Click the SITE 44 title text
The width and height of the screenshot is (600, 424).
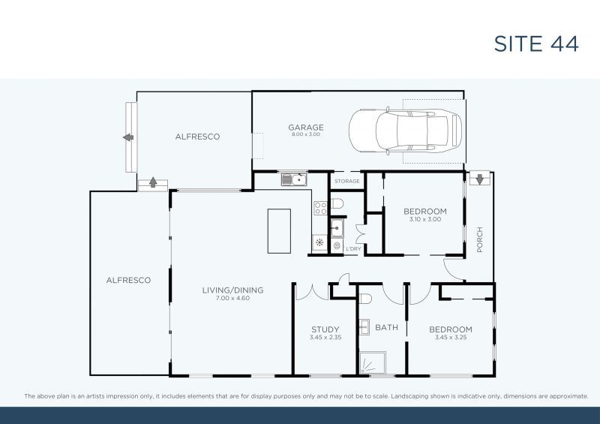click(x=535, y=44)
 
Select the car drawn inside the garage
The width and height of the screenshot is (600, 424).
click(x=405, y=131)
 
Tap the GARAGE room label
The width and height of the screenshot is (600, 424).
click(x=306, y=128)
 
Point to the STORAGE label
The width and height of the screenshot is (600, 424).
click(x=347, y=182)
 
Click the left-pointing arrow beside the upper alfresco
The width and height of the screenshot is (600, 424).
click(x=128, y=137)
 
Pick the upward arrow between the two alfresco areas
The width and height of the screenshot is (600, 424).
click(x=153, y=182)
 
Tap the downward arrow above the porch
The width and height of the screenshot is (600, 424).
click(x=478, y=179)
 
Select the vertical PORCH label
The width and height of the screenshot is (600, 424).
click(x=479, y=240)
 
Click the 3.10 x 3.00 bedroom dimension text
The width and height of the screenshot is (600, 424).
click(x=424, y=220)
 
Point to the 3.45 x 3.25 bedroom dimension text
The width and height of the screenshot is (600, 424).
click(x=450, y=338)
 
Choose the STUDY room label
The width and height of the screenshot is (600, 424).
click(x=325, y=329)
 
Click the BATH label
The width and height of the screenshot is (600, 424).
click(x=387, y=328)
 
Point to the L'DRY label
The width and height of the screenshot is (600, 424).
click(x=353, y=248)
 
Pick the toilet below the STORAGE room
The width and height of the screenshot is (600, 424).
click(x=337, y=203)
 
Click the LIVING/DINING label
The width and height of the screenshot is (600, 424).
click(x=232, y=290)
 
